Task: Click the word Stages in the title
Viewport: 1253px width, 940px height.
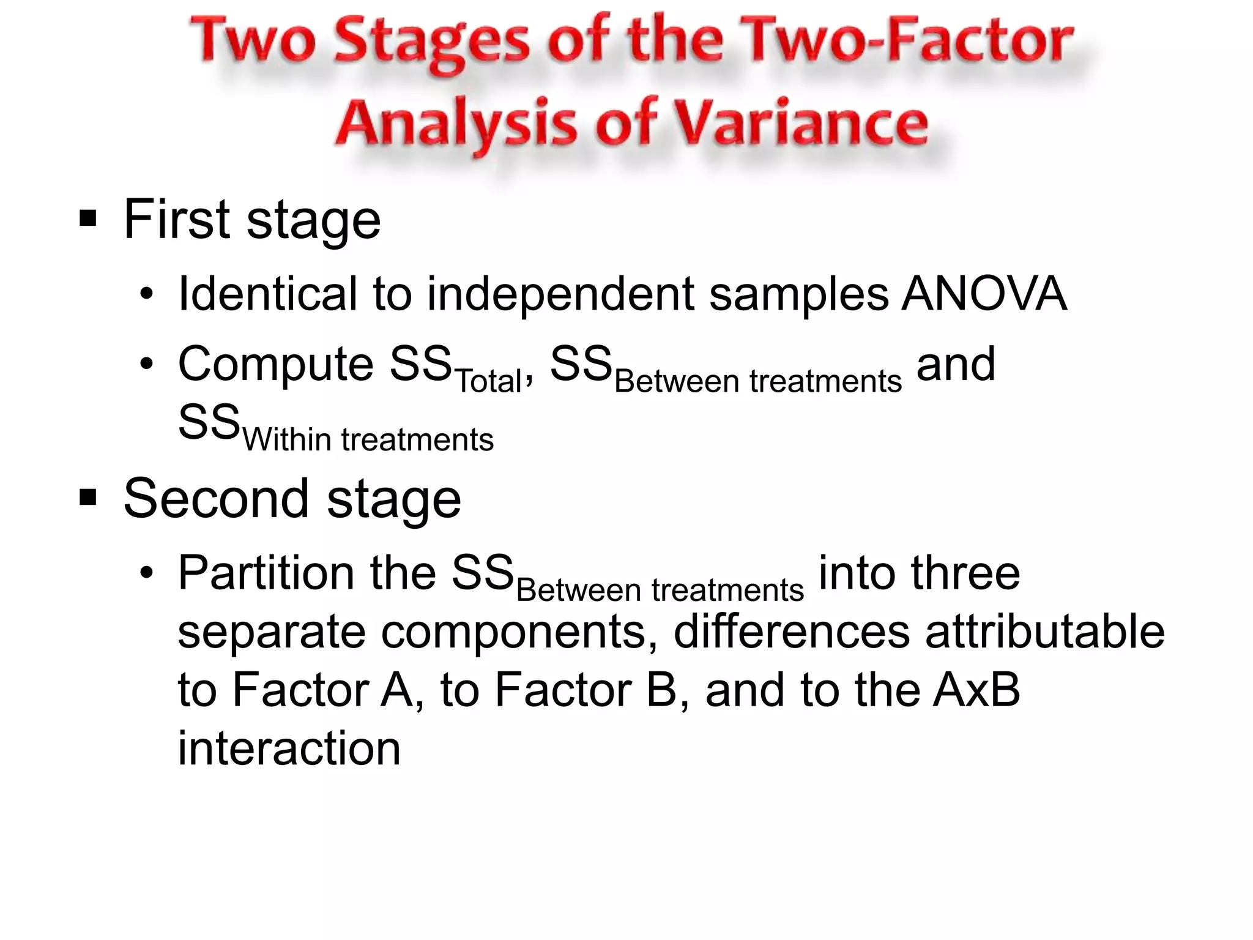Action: point(432,42)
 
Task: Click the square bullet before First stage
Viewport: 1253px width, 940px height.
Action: point(88,218)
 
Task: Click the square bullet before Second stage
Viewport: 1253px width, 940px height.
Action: point(88,498)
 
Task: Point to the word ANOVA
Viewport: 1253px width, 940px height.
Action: point(984,294)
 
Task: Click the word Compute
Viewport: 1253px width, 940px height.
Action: point(275,365)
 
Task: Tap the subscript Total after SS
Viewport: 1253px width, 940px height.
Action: point(488,381)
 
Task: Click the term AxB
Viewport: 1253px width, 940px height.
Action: point(976,690)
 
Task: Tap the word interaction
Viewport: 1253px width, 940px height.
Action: point(289,748)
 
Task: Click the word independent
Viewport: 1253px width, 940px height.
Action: point(560,294)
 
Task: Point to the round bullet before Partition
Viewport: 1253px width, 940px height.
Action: point(146,574)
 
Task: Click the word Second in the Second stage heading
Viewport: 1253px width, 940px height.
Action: point(216,498)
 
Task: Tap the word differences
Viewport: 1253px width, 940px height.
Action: point(791,632)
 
